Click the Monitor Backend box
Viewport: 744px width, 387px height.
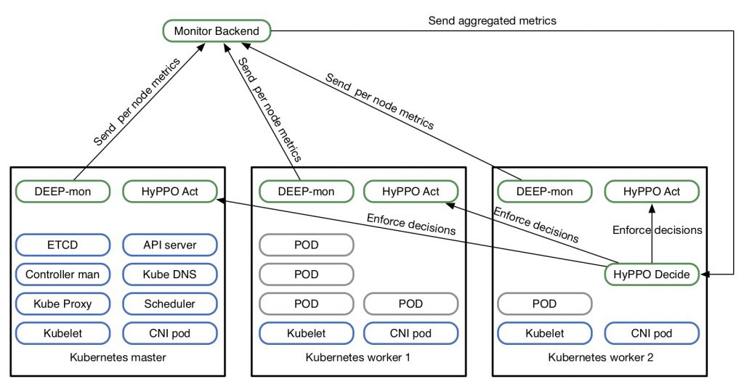click(x=217, y=31)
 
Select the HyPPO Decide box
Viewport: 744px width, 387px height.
click(x=652, y=274)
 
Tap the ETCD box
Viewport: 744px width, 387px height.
click(x=62, y=245)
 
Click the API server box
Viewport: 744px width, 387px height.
click(x=170, y=245)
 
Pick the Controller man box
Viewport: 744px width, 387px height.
click(x=62, y=274)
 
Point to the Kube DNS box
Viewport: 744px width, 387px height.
click(x=170, y=274)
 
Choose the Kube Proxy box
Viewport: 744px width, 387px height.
click(x=62, y=304)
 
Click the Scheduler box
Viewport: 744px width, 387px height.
click(x=170, y=304)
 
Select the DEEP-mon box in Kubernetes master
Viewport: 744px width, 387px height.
click(x=62, y=192)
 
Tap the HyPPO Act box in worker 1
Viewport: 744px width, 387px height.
click(x=411, y=192)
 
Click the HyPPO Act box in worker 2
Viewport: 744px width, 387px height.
click(x=652, y=192)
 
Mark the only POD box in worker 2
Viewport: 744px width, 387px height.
click(x=544, y=304)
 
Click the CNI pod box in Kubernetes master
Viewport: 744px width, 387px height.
click(x=170, y=333)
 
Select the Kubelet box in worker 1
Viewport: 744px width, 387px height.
click(x=306, y=333)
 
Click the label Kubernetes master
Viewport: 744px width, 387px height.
click(x=118, y=357)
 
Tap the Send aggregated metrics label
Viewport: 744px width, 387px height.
click(x=492, y=21)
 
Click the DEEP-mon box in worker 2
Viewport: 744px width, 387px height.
click(x=544, y=192)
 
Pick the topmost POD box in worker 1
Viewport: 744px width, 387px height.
click(x=306, y=245)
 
